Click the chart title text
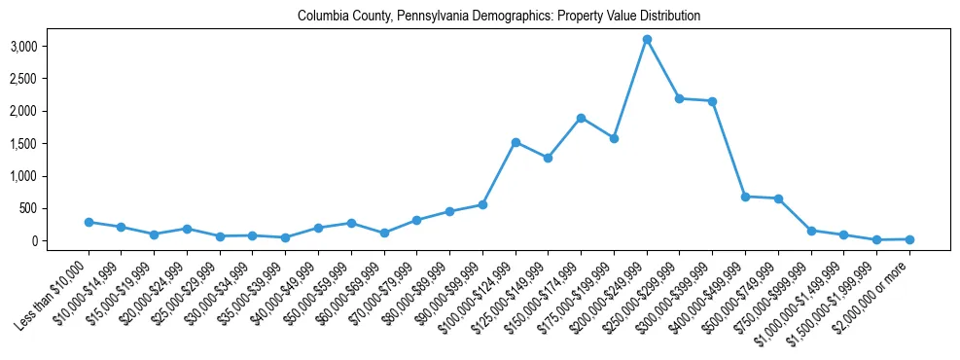(x=499, y=17)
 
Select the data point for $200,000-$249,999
(x=647, y=40)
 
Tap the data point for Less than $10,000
(x=89, y=222)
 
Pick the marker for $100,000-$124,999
(x=516, y=142)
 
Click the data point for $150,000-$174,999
(x=581, y=118)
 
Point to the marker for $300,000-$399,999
(x=713, y=101)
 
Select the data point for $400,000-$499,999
(x=745, y=197)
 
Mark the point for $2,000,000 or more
(x=909, y=239)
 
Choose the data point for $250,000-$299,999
(x=680, y=98)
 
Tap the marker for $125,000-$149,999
(x=549, y=158)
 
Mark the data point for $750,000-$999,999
(x=811, y=231)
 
